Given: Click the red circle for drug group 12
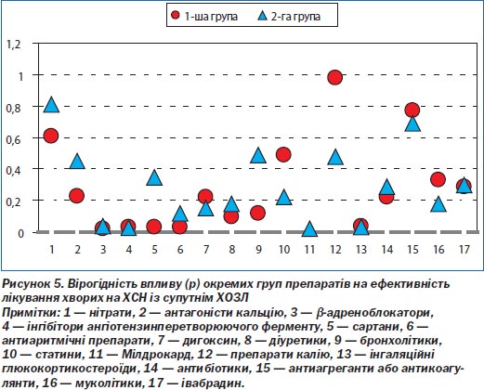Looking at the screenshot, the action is (x=335, y=77).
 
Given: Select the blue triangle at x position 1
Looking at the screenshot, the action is (x=51, y=105).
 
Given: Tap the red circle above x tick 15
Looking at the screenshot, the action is (x=412, y=110).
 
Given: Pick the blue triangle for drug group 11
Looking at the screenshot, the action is (x=309, y=229).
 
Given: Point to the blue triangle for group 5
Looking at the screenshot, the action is (x=154, y=178).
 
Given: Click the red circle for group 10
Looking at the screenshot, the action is (x=283, y=154).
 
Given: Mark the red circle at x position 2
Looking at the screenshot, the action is (x=77, y=196).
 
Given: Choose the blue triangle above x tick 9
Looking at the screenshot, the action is (x=258, y=155).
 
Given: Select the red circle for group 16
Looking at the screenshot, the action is (x=438, y=179).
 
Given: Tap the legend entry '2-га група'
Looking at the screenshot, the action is (x=289, y=16).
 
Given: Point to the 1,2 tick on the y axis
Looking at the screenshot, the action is (x=14, y=45).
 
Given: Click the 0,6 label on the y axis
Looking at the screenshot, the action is (x=14, y=139).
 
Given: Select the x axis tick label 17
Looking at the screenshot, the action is (x=464, y=249).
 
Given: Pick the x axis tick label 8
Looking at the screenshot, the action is (x=232, y=249).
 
